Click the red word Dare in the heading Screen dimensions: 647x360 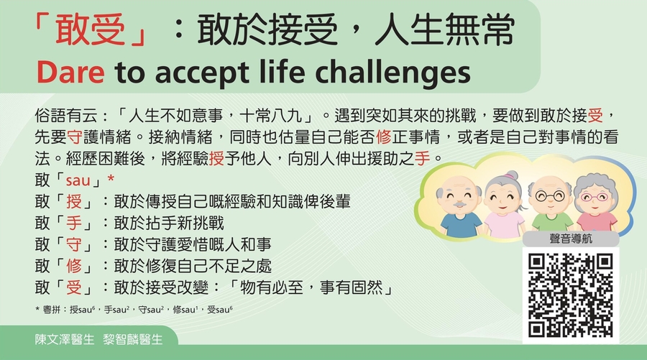pyautogui.click(x=70, y=72)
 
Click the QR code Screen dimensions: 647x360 pyautogui.click(x=570, y=295)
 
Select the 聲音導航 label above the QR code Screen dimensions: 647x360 pyautogui.click(x=571, y=239)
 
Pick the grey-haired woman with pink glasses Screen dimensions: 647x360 pyautogui.click(x=596, y=203)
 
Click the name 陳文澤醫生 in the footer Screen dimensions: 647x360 pyautogui.click(x=65, y=339)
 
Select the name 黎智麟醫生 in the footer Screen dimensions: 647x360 pyautogui.click(x=132, y=339)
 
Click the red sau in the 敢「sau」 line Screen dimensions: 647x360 pyautogui.click(x=78, y=180)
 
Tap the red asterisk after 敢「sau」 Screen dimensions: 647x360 pyautogui.click(x=110, y=179)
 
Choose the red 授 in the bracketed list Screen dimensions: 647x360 pyautogui.click(x=74, y=202)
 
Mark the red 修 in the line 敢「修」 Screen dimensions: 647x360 pyautogui.click(x=74, y=266)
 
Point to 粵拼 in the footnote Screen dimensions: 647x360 pyautogui.click(x=52, y=310)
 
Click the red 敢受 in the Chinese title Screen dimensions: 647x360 pyautogui.click(x=90, y=29)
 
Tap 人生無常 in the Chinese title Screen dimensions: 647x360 pyautogui.click(x=444, y=29)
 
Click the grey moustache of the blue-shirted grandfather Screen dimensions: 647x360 pyautogui.click(x=458, y=205)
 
